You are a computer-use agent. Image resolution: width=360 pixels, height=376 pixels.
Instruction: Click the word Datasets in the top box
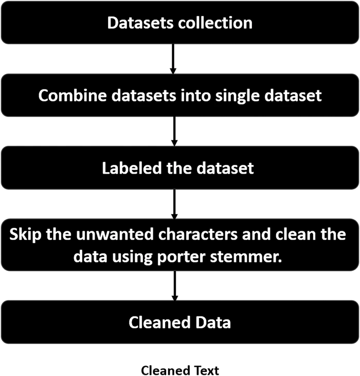coord(140,23)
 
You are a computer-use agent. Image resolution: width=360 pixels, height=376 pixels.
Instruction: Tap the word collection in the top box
coord(215,23)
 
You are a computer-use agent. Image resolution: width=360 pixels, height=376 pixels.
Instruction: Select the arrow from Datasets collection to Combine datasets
coord(173,59)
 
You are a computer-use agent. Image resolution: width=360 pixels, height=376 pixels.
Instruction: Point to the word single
coord(237,97)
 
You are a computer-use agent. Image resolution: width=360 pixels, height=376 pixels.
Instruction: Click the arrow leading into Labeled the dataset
coord(174,131)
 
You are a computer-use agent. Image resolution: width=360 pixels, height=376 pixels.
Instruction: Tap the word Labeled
coord(132,168)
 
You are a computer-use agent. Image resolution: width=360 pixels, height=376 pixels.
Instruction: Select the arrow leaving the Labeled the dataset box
coord(174,204)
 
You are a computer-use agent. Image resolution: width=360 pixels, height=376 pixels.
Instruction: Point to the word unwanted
coord(115,234)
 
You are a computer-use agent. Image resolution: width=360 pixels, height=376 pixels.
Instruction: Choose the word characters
coord(198,234)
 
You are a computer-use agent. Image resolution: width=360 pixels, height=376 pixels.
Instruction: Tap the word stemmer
coord(246,257)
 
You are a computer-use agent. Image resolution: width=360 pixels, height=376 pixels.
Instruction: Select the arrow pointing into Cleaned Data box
coord(175,286)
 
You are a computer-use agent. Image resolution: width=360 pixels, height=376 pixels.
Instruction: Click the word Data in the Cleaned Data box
coord(213,322)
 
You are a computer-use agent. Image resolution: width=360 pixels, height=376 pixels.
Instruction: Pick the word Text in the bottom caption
coord(207,370)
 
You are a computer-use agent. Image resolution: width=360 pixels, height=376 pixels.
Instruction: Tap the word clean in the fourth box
coord(296,234)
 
